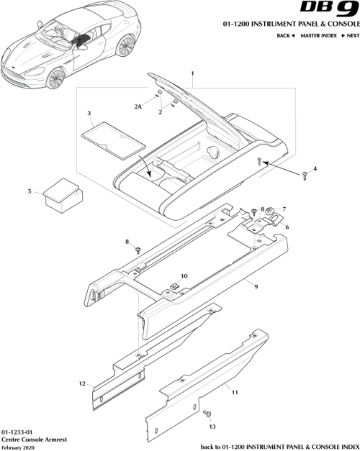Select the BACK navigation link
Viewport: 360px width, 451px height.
click(286, 35)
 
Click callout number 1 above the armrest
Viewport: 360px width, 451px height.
click(192, 75)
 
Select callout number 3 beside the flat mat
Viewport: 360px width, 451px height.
click(88, 114)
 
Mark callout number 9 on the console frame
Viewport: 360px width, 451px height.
click(255, 285)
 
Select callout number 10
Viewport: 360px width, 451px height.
click(184, 275)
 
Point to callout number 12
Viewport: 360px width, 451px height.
click(82, 383)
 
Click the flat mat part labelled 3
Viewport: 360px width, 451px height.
click(110, 138)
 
